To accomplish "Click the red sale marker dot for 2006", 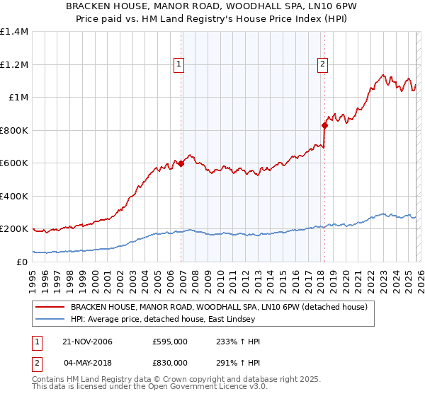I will (181, 163).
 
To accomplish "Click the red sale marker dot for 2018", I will (324, 125).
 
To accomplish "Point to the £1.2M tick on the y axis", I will (13, 64).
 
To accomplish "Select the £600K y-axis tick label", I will (13, 163).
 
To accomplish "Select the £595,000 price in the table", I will (169, 342).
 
